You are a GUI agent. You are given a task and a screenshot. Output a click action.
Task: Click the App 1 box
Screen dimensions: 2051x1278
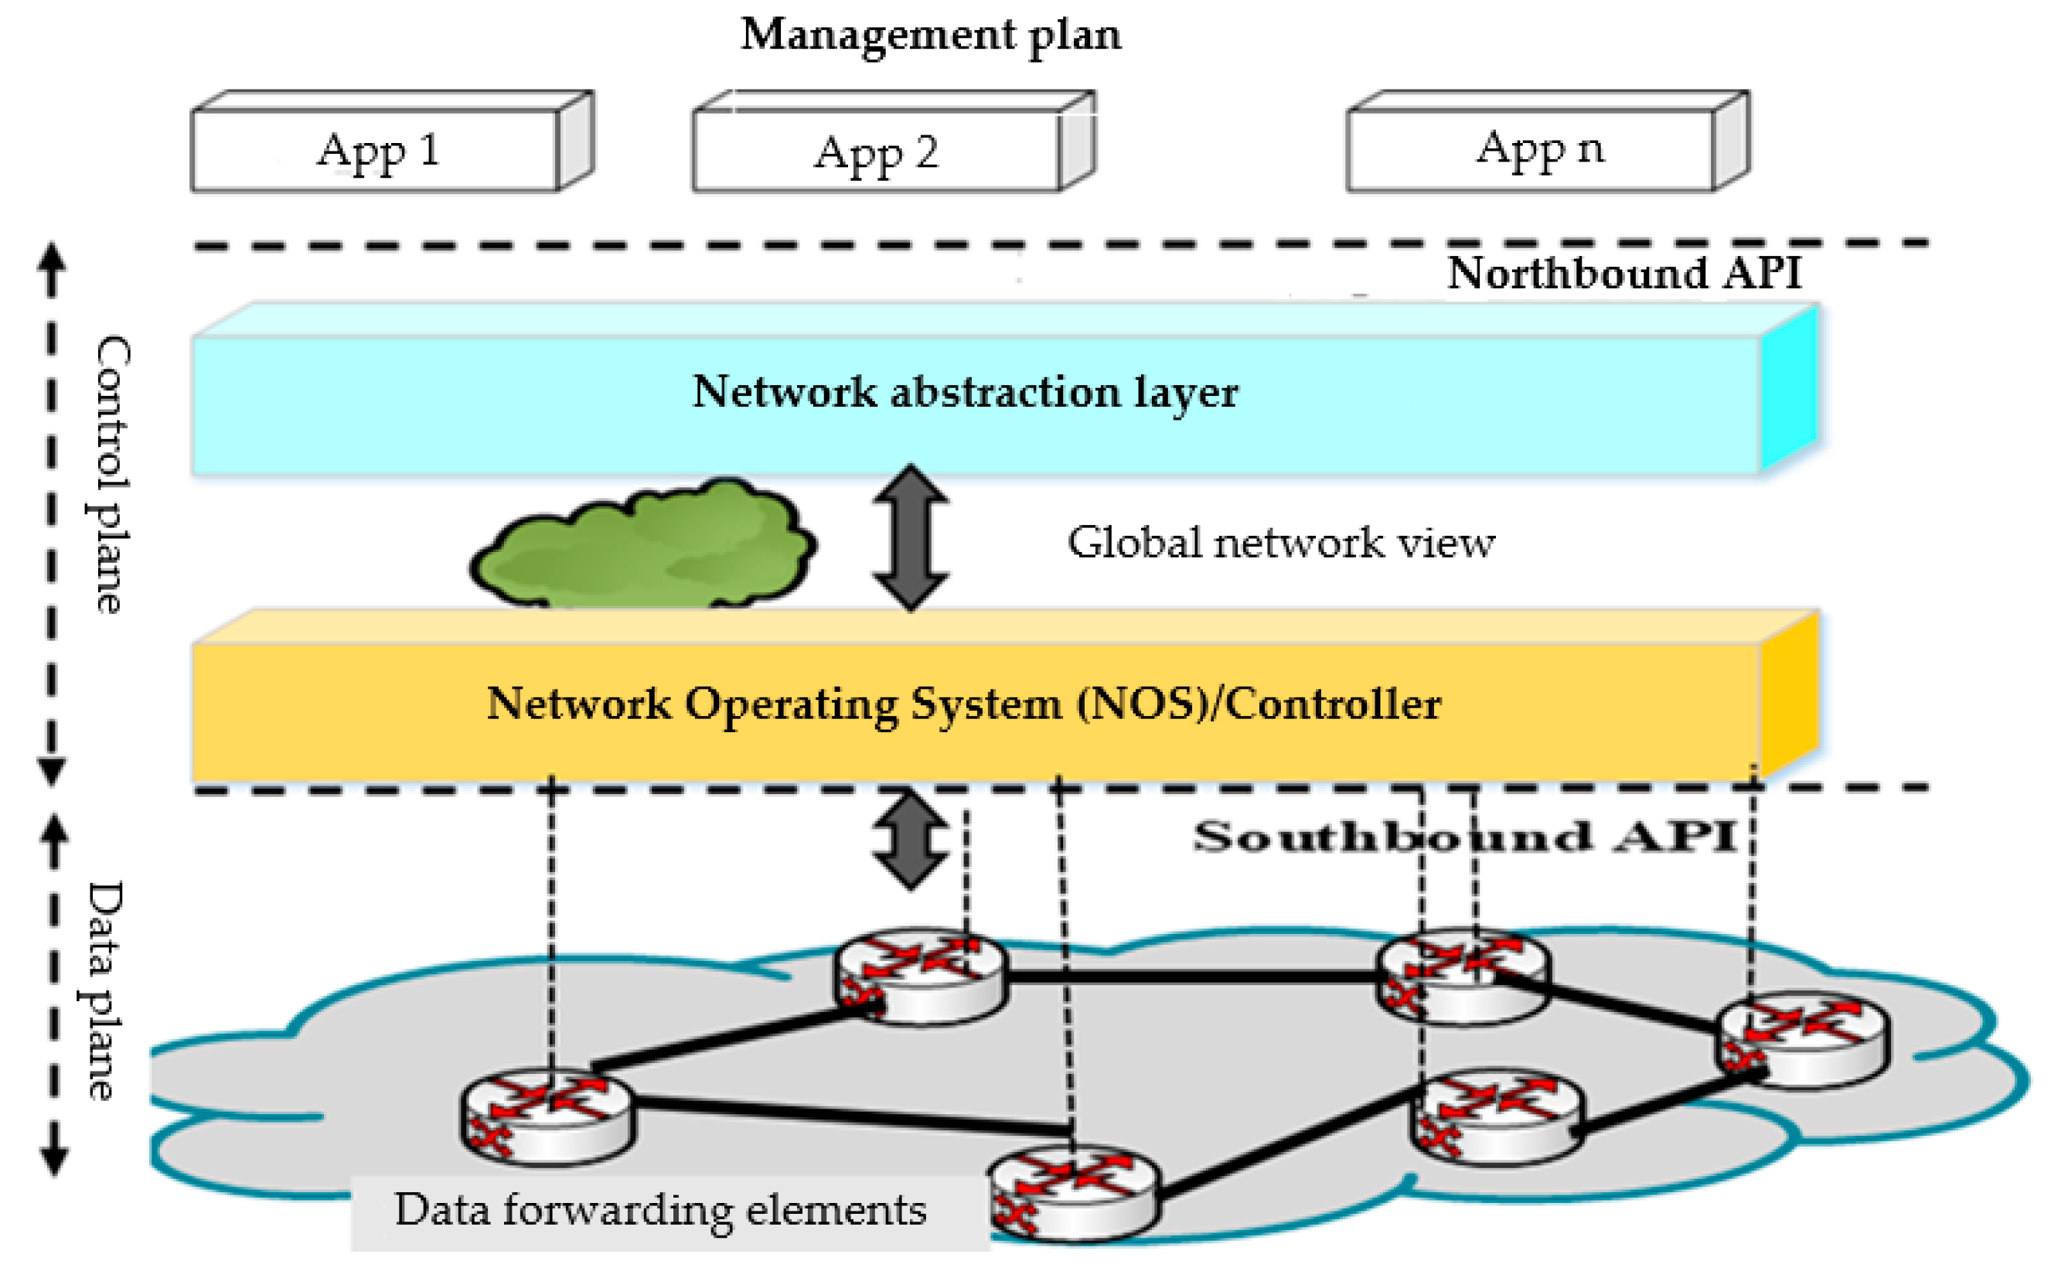(393, 141)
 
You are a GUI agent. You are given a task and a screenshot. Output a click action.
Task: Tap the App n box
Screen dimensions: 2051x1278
(1548, 141)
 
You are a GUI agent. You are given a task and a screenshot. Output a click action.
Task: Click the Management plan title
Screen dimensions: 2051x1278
(932, 36)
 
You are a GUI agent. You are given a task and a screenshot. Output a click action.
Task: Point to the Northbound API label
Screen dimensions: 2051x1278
(1624, 272)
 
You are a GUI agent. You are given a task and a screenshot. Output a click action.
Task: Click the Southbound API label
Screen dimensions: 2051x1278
(1464, 836)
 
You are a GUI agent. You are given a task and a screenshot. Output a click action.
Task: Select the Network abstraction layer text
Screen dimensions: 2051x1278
(965, 392)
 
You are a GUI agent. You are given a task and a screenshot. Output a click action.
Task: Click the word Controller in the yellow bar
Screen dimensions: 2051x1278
(1334, 704)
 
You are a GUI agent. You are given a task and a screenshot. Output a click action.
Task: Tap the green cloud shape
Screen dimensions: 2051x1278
(643, 544)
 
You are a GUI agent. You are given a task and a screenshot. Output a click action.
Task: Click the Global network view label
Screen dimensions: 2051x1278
(1281, 543)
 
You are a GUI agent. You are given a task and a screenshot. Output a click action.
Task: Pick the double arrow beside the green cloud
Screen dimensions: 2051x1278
(910, 537)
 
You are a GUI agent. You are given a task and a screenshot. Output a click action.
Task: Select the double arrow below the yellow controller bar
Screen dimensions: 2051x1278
(910, 839)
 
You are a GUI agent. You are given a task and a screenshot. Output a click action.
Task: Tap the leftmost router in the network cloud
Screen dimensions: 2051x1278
(547, 1117)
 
